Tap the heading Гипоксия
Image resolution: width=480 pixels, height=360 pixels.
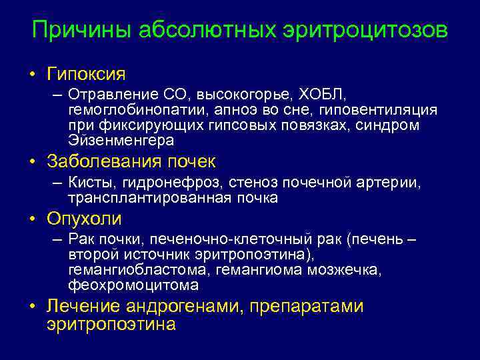point(86,72)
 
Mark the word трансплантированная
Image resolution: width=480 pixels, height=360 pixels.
point(151,198)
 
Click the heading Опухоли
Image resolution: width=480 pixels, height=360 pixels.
point(84,219)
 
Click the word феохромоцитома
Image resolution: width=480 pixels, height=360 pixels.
point(133,285)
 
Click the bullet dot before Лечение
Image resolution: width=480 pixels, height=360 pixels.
point(33,307)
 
